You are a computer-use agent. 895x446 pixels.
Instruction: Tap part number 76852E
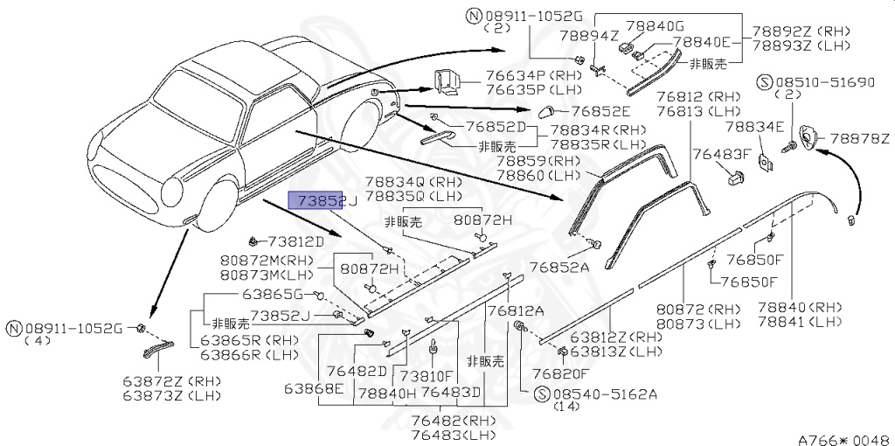point(600,111)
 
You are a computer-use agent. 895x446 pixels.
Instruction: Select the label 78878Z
point(859,138)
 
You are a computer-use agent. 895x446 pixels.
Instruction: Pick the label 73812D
point(295,240)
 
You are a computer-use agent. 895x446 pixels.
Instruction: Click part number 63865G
point(272,295)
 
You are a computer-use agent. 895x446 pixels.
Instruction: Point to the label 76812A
point(516,310)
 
